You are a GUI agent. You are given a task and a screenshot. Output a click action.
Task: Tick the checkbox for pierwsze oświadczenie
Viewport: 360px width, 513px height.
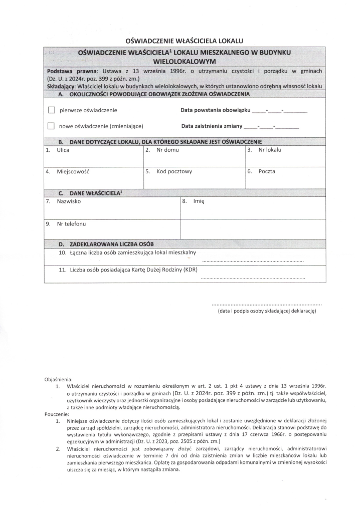coord(51,110)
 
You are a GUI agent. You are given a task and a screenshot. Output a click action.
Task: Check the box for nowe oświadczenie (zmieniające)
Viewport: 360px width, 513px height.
coord(51,126)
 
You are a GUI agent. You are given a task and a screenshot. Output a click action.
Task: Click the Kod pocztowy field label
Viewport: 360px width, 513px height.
coord(174,171)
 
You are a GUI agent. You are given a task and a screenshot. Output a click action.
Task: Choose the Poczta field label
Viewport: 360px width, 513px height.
coord(267,171)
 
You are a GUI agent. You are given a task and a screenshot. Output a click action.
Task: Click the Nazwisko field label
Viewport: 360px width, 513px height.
coord(69,201)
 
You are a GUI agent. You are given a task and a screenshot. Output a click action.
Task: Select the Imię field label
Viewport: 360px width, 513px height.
coord(199,201)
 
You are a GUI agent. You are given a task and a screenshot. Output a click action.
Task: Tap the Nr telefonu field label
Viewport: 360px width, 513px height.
coord(71,223)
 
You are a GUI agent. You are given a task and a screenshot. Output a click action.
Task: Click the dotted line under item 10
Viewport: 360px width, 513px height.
coord(253,262)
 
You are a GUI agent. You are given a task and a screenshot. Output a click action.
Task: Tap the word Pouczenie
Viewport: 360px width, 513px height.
coord(57,415)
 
